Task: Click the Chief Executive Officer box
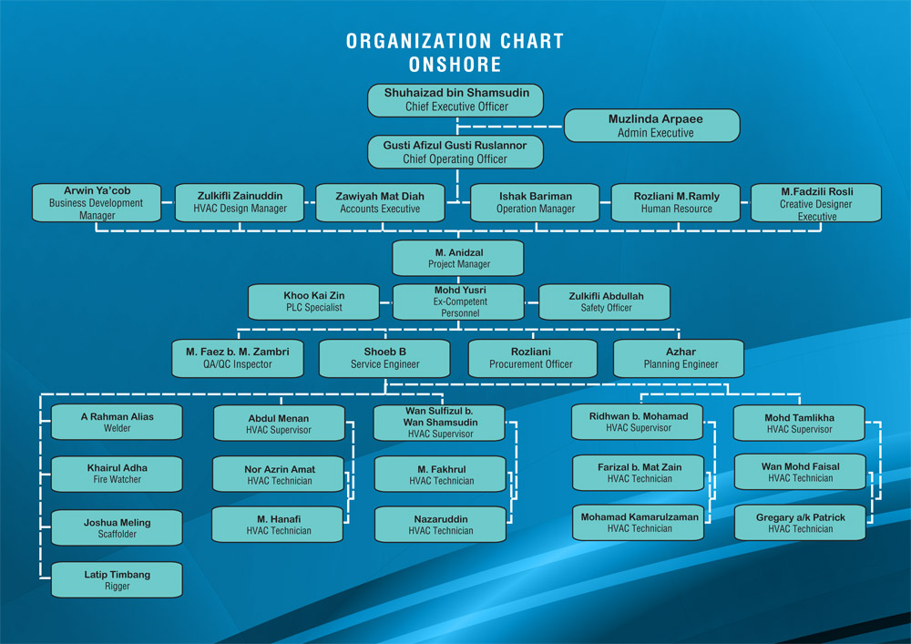[455, 100]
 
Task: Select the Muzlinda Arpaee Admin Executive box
[652, 126]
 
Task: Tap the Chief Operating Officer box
[455, 152]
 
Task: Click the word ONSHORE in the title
[455, 65]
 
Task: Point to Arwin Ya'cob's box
[97, 202]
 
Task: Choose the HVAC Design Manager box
[240, 202]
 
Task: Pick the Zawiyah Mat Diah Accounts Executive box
[380, 202]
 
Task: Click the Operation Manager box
[535, 202]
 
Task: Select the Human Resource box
[676, 202]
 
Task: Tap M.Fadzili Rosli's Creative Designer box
[816, 202]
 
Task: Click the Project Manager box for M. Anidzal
[458, 258]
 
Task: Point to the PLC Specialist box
[313, 302]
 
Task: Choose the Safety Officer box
[605, 302]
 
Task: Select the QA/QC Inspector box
[238, 358]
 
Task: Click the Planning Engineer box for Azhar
[679, 358]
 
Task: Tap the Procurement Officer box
[533, 358]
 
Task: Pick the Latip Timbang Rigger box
[117, 579]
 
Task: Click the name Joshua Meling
[117, 523]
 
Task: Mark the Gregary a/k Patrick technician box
[800, 523]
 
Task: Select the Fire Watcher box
[117, 474]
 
